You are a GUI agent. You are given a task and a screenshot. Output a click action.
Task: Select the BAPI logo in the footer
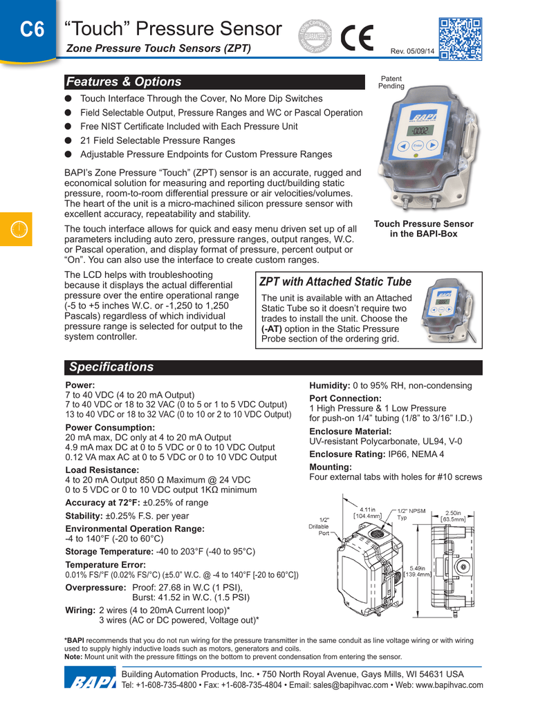[89, 680]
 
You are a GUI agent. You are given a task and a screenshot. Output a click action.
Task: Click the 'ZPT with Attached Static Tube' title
[335, 281]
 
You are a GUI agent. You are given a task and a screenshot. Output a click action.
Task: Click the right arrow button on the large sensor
[432, 146]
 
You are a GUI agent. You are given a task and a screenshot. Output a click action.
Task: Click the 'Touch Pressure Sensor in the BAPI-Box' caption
[423, 228]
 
